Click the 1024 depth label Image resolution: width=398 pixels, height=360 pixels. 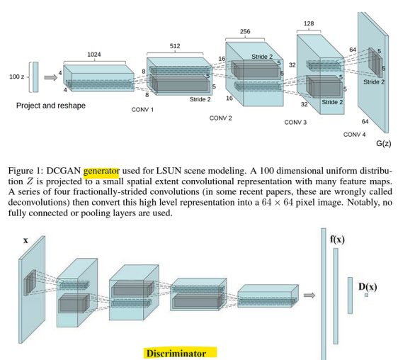point(94,55)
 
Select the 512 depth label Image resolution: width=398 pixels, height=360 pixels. point(175,46)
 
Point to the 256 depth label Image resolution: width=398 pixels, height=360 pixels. point(245,31)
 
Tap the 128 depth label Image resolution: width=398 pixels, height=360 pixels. point(309,23)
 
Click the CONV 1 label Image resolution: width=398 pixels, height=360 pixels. point(142,110)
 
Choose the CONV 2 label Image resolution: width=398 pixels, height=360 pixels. point(220,118)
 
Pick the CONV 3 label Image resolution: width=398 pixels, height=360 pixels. point(295,123)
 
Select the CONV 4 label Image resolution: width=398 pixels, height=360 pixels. point(354,135)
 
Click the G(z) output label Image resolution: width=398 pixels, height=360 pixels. point(384,144)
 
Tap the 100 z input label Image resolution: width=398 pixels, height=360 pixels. point(17,77)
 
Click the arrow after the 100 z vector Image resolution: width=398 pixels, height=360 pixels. point(51,77)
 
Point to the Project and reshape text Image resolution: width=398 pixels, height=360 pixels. point(51,106)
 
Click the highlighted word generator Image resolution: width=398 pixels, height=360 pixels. point(101,171)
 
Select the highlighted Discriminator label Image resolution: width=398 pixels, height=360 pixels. point(176,354)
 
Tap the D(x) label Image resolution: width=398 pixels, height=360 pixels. point(368,287)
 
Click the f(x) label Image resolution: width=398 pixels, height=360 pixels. point(337,240)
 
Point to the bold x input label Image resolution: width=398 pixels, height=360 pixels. point(25,240)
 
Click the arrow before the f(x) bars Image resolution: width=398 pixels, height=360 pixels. point(309,296)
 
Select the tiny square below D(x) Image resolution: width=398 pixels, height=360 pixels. point(366,296)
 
